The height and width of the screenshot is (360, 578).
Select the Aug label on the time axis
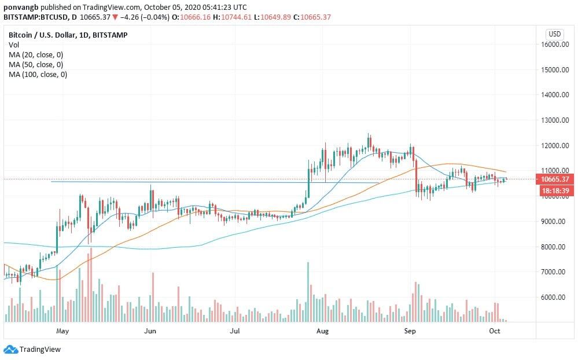[323, 331]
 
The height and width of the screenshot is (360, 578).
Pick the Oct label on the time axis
[494, 331]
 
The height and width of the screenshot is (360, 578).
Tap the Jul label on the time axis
[235, 331]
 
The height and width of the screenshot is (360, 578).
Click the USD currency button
[555, 34]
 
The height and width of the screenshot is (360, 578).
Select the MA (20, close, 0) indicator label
[36, 54]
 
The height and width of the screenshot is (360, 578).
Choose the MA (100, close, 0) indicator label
[38, 74]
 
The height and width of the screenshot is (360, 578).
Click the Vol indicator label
[14, 45]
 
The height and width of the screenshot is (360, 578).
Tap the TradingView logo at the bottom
[32, 349]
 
